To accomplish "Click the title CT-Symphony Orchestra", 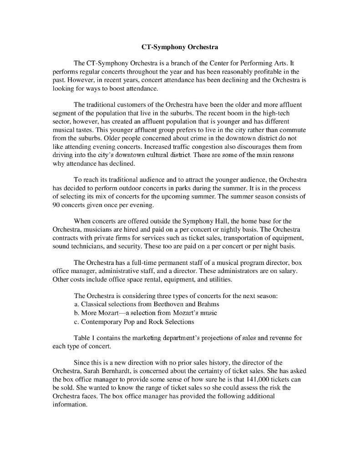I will click(179, 47).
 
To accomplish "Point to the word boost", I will click(110, 88).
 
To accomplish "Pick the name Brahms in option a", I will click(208, 304).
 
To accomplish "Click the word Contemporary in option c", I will click(101, 321).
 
